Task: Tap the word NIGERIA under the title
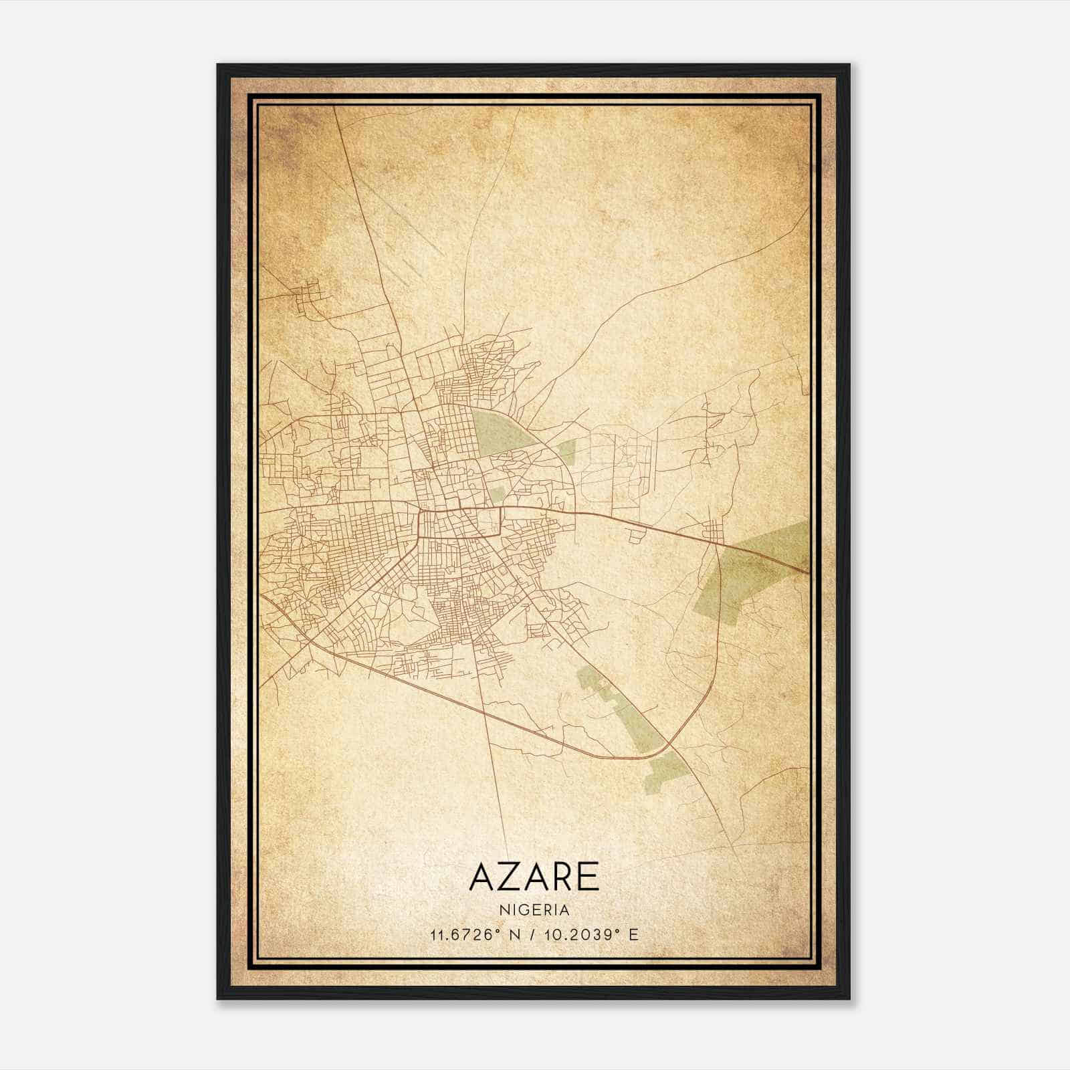tap(534, 910)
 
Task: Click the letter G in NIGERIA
tap(522, 910)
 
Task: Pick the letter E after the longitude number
tap(633, 934)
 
